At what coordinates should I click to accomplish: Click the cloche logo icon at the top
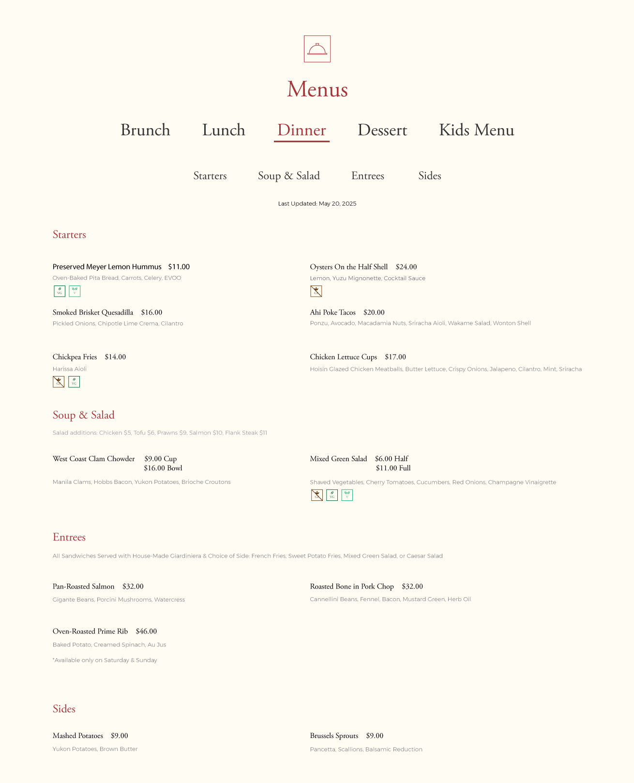pos(317,49)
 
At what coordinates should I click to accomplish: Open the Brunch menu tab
pos(145,130)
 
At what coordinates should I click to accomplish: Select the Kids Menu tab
pos(476,130)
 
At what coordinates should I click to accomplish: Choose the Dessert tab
pos(382,130)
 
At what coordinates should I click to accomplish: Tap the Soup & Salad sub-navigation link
pos(289,176)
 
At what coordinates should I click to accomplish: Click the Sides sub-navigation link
pos(430,176)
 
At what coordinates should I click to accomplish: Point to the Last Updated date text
pos(317,204)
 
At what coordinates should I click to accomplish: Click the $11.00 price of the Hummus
pos(179,267)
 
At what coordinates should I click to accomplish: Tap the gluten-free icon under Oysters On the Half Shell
pos(316,291)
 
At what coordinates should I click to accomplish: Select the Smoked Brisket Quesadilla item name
pos(93,313)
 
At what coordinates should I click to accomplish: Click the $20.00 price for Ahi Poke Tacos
pos(374,313)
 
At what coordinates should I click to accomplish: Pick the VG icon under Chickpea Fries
pos(74,382)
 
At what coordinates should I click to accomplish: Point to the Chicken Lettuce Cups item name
pos(344,357)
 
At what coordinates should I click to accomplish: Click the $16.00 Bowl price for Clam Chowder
pos(163,468)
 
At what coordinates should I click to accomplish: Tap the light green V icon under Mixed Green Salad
pos(347,495)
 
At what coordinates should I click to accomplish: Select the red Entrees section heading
pos(69,537)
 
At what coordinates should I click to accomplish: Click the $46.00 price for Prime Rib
pos(146,632)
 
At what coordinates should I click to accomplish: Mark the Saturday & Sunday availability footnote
pos(105,660)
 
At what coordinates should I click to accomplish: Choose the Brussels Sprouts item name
pos(334,736)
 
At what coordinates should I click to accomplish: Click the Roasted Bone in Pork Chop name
pos(352,587)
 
